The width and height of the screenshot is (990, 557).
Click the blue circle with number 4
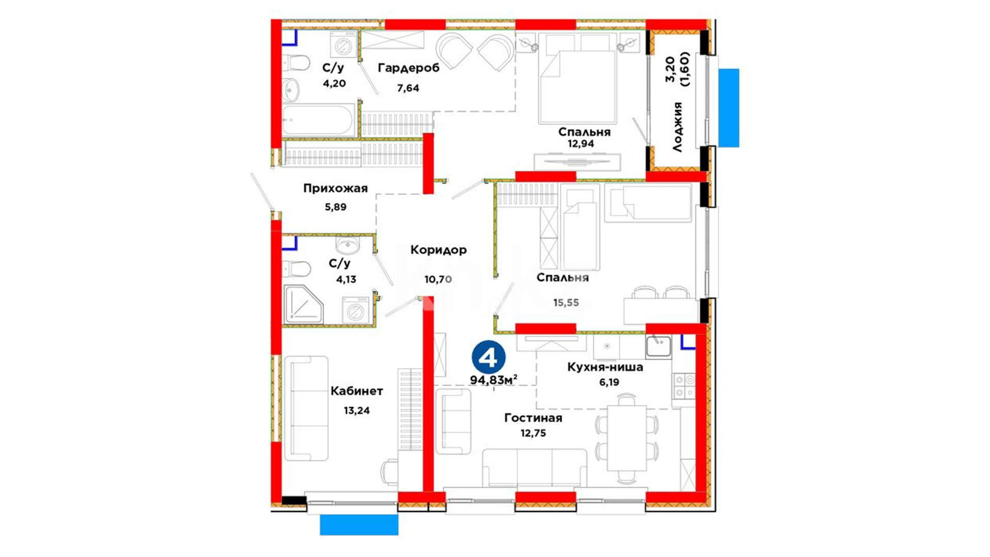pos(488,357)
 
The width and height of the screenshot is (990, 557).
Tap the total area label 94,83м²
pos(493,380)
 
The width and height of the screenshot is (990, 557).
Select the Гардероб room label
pos(408,68)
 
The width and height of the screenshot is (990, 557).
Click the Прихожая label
pos(335,188)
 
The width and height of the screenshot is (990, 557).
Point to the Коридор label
pos(438,250)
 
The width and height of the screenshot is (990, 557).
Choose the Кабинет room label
pos(357,391)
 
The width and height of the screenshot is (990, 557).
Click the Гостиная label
pos(533,418)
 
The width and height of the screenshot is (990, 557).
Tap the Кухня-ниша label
pos(605,367)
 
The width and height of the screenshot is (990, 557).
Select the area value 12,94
pos(581,144)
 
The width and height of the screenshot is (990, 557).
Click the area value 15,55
pos(566,303)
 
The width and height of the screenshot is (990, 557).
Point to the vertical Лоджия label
pos(678,127)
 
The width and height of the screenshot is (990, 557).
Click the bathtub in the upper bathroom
pos(319,121)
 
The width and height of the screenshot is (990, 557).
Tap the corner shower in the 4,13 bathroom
pos(303,304)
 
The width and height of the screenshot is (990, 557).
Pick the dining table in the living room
pos(626,438)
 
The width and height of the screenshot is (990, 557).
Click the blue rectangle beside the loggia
pos(729,108)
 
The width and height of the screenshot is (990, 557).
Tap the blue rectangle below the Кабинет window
pos(359,525)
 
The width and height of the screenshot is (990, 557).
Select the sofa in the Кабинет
pos(306,408)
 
